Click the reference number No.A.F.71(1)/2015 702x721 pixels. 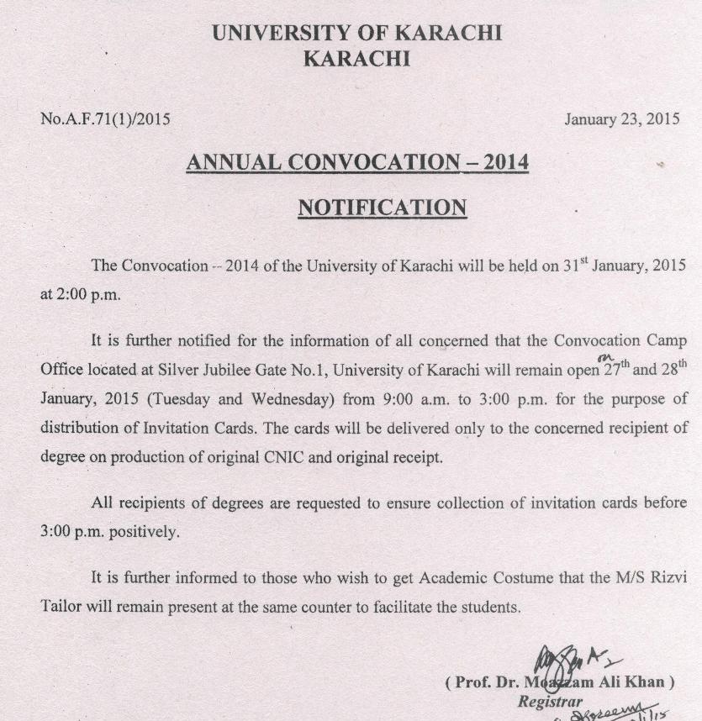tap(105, 119)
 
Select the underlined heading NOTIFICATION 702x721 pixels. tap(382, 207)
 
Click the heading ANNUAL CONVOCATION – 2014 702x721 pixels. tap(357, 162)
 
